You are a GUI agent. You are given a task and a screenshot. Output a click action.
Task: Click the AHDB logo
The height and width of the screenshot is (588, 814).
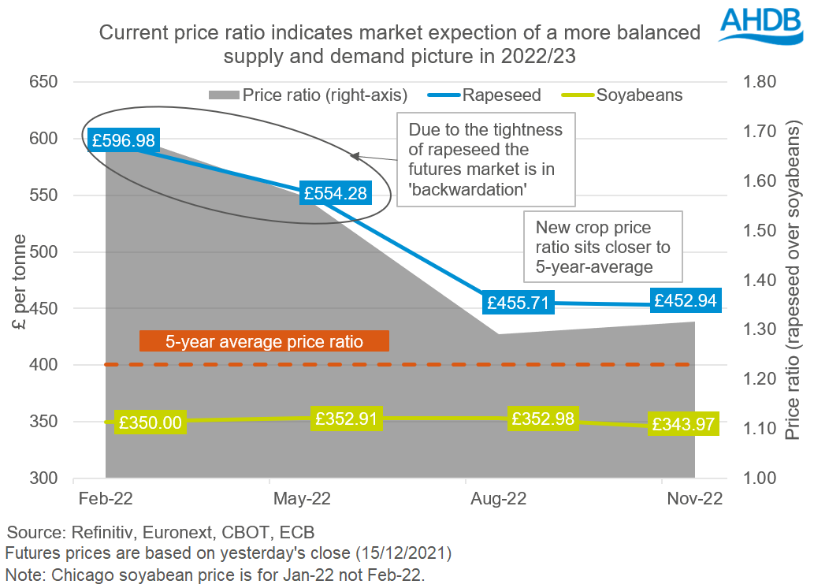[764, 25]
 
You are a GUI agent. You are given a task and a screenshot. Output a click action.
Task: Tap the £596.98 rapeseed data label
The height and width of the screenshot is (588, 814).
[124, 140]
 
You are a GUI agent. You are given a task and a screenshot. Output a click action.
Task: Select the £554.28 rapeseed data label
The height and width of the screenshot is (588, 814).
[334, 193]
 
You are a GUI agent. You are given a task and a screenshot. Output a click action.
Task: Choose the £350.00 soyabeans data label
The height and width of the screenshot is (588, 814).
[150, 422]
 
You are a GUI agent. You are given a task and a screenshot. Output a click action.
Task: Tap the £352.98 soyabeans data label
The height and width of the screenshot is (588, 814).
[544, 417]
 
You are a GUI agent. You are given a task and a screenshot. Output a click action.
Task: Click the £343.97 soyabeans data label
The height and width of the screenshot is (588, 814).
[682, 424]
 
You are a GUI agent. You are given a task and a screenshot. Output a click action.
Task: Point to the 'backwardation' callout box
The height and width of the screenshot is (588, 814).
[485, 158]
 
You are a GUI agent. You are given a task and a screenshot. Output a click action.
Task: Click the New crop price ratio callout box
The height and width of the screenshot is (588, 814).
[603, 247]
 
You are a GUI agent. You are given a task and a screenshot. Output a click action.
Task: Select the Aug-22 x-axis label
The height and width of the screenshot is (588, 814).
[498, 499]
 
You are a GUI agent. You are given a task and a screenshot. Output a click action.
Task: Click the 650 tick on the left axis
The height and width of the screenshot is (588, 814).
[43, 82]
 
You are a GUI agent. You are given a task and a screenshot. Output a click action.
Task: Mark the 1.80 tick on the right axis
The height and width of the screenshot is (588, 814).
[760, 82]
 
